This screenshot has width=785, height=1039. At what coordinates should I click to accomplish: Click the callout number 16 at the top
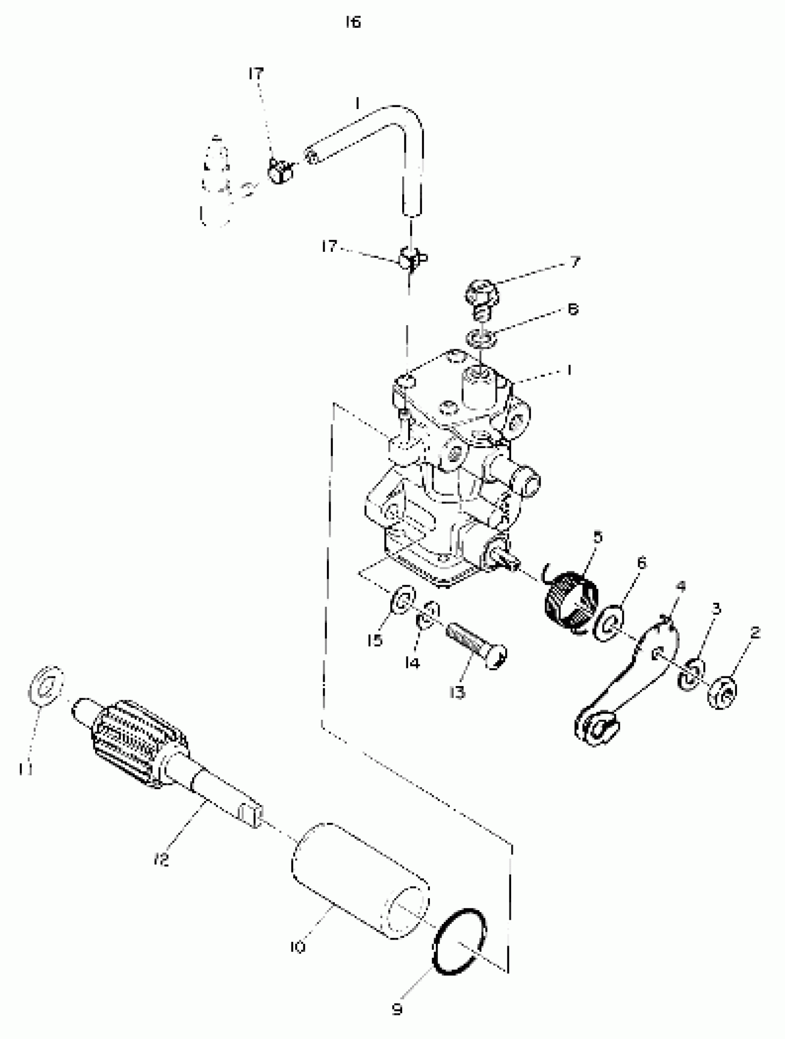point(353,22)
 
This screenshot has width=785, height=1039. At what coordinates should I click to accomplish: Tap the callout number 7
point(576,261)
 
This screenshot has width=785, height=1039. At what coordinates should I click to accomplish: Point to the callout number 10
point(298,947)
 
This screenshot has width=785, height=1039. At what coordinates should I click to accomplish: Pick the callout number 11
point(25,769)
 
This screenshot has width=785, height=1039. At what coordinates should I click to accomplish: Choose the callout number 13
point(457,693)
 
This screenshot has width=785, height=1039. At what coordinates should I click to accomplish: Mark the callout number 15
point(374,641)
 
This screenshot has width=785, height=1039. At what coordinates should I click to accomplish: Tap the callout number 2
point(755,633)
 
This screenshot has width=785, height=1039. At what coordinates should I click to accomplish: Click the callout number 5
point(597,537)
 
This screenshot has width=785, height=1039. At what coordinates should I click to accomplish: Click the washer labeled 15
point(403,600)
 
